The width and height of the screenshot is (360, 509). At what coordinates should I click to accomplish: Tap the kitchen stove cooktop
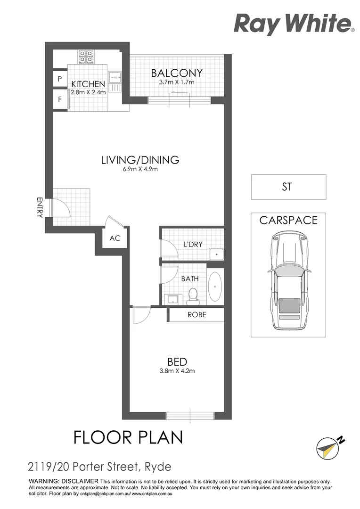(x=86, y=57)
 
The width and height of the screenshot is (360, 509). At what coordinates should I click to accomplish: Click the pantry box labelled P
(x=59, y=79)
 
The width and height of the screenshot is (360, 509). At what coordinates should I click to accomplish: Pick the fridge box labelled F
(x=59, y=99)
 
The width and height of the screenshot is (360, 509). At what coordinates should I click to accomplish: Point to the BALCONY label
(x=176, y=73)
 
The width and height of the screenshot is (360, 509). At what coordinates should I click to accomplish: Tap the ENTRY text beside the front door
(x=40, y=207)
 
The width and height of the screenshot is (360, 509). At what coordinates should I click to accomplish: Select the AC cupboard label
(x=115, y=238)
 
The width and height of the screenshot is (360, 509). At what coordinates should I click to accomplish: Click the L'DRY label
(x=192, y=245)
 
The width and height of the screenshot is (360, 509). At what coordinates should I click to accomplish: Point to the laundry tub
(x=216, y=254)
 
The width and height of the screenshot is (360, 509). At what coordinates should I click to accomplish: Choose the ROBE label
(x=196, y=315)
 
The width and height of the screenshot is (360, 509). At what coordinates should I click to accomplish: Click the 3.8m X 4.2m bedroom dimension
(x=177, y=371)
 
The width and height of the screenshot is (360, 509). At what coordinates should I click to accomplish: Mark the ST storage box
(x=288, y=187)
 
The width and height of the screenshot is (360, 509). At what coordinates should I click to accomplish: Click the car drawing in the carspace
(x=287, y=283)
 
